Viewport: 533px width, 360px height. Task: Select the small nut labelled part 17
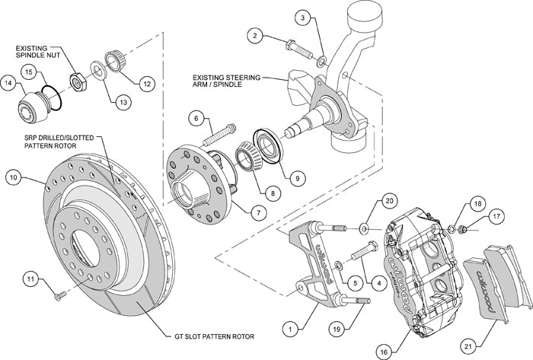click(x=462, y=227)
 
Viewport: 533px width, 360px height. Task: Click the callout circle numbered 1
click(x=290, y=330)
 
